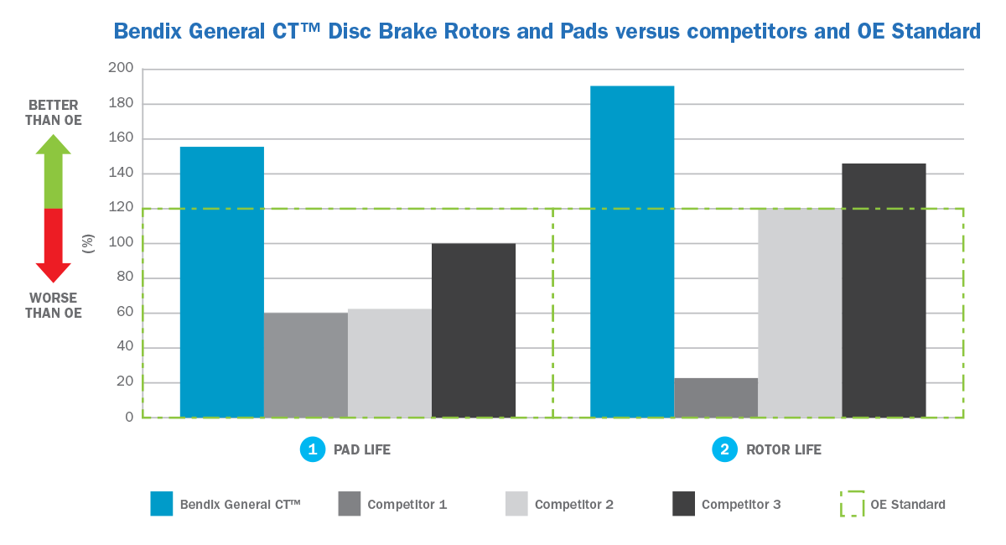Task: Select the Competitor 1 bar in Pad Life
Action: tap(306, 365)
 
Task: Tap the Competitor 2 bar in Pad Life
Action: tap(390, 363)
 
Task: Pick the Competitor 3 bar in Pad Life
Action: tap(474, 330)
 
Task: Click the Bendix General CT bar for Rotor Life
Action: tap(632, 252)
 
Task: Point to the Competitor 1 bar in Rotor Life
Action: tap(716, 397)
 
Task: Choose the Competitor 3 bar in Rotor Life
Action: tap(884, 290)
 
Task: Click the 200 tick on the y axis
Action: tap(122, 69)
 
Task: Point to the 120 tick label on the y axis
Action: tap(122, 208)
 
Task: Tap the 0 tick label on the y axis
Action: tap(128, 417)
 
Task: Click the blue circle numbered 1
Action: tap(312, 449)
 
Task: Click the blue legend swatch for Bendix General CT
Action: tap(162, 504)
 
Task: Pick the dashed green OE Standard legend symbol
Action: tap(852, 504)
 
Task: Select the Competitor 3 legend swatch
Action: tap(684, 504)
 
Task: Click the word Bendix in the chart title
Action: tap(143, 32)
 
